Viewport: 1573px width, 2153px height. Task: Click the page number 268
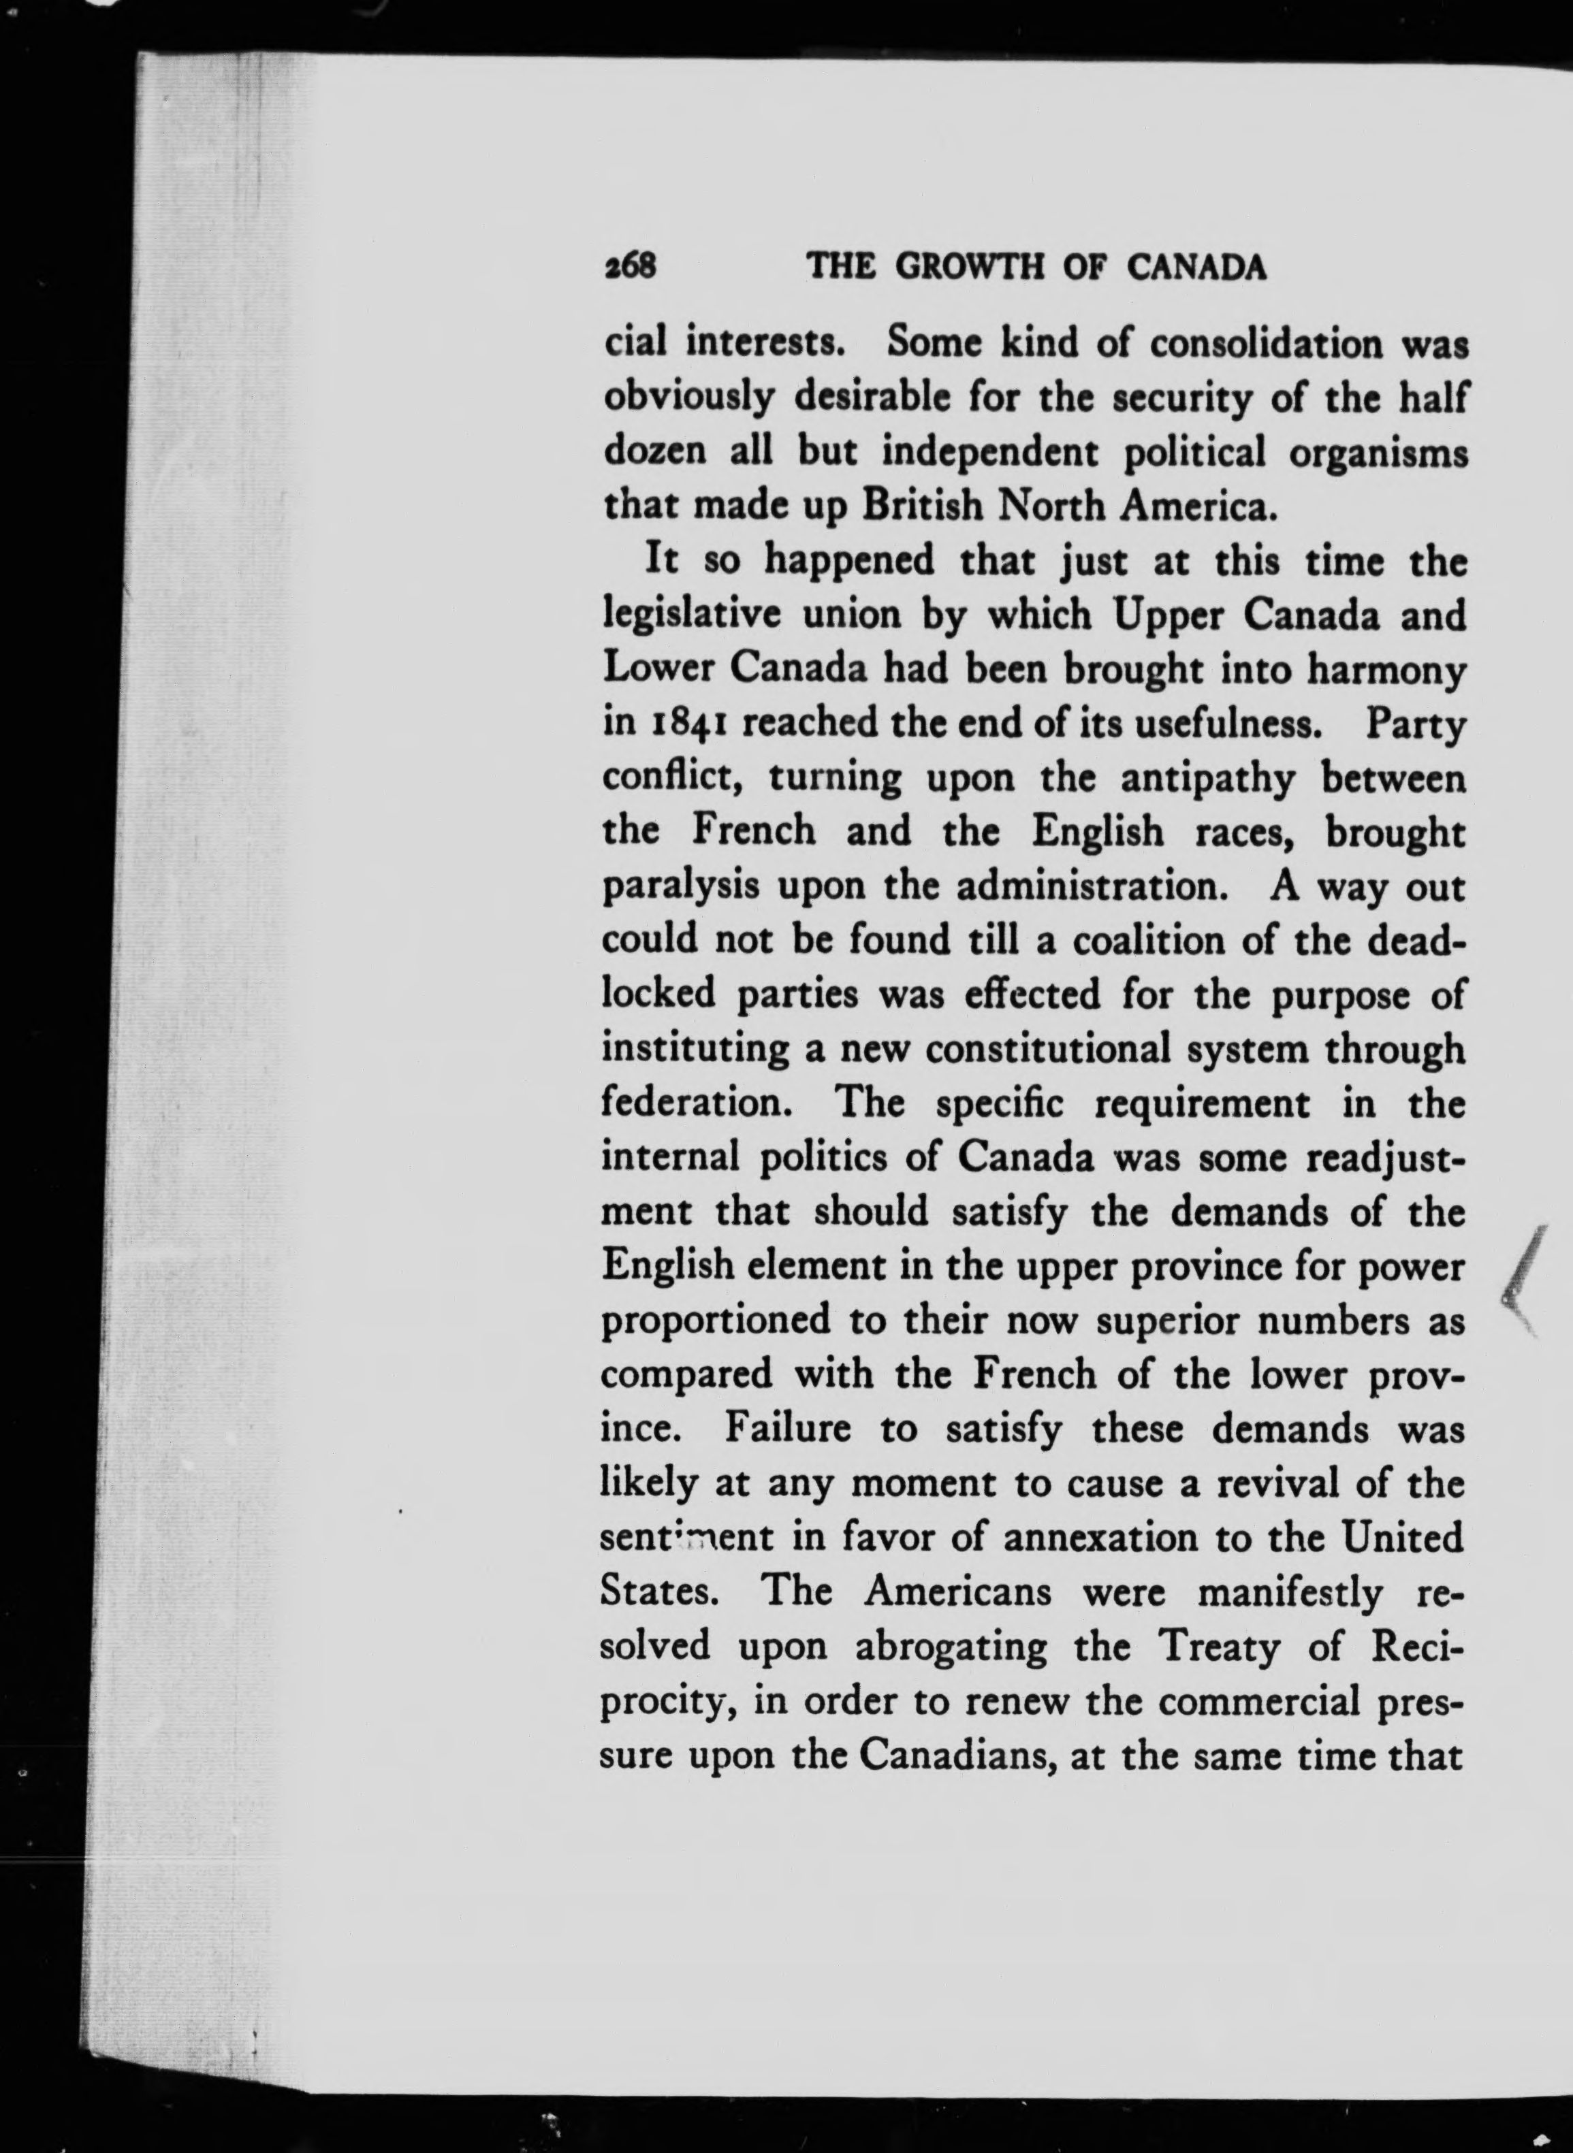(631, 268)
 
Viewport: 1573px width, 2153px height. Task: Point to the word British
(923, 506)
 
